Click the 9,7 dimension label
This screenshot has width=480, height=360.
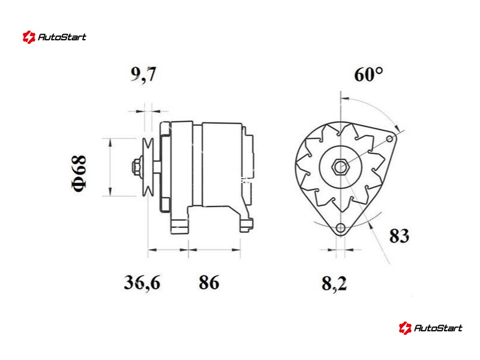143,74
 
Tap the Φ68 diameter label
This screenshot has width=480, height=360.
79,173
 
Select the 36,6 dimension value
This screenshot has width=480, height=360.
142,282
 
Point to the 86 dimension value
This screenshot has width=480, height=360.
209,282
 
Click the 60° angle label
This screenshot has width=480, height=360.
368,74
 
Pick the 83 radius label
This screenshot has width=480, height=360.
399,236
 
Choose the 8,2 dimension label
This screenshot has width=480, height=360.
334,283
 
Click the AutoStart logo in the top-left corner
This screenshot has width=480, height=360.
55,37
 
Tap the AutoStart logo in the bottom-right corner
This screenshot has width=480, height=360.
431,328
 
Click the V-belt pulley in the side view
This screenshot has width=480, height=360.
148,167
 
